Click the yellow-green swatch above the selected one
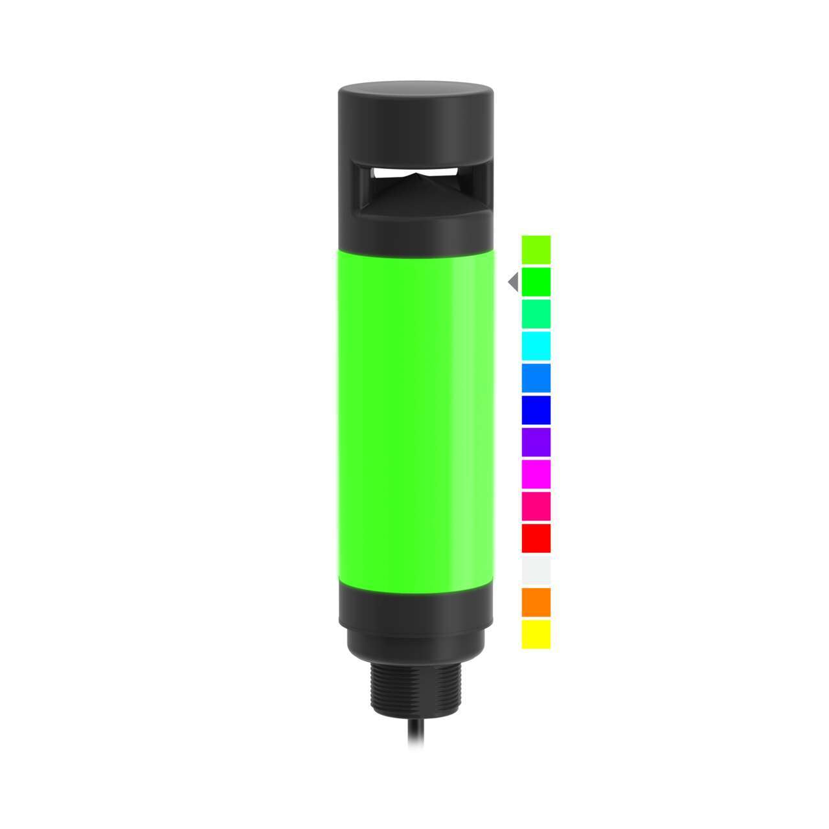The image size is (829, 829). (536, 249)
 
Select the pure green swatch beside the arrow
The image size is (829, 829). (536, 281)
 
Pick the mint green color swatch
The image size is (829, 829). (536, 313)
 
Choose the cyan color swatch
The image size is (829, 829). (536, 345)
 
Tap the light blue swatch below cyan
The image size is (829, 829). (536, 378)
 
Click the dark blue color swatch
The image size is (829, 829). (536, 409)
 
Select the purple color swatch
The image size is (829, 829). (536, 442)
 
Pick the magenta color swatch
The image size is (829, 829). (536, 473)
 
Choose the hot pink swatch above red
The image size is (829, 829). (536, 506)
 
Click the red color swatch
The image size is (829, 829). (536, 538)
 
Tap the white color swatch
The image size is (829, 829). (536, 570)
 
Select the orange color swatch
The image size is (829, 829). (536, 602)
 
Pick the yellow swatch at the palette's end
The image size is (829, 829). (536, 633)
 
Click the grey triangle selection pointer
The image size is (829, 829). (514, 282)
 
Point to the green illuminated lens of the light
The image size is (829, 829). (414, 414)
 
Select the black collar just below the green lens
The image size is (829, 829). (414, 602)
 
